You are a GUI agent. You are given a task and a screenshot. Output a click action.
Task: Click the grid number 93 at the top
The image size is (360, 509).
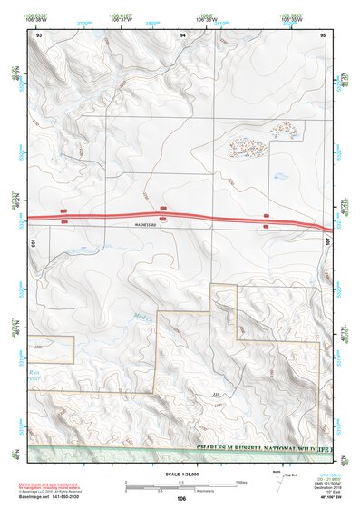pyautogui.click(x=39, y=34)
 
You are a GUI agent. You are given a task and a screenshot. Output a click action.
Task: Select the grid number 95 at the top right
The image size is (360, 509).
pyautogui.click(x=322, y=34)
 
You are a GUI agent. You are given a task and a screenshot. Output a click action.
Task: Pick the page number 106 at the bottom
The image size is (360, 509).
pyautogui.click(x=181, y=498)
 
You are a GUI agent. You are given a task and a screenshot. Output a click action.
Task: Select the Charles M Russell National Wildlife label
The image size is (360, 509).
pyautogui.click(x=263, y=448)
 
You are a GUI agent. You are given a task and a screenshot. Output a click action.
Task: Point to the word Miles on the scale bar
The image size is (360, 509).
pyautogui.click(x=241, y=481)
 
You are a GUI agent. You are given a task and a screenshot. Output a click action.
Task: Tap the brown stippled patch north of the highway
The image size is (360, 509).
pyautogui.click(x=247, y=147)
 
